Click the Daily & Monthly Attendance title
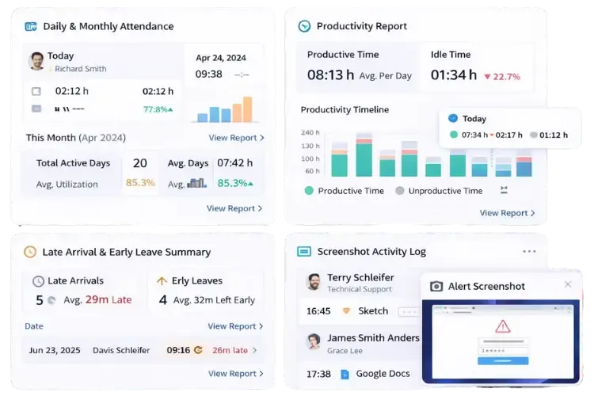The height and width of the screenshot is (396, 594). (x=108, y=26)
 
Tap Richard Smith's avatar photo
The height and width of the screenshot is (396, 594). (x=36, y=61)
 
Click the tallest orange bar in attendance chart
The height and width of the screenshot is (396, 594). (x=247, y=109)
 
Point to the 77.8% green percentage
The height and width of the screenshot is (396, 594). (x=158, y=109)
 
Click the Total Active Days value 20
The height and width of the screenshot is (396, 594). (x=139, y=163)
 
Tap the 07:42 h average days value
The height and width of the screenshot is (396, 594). (x=235, y=163)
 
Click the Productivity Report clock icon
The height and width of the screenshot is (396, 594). (x=304, y=26)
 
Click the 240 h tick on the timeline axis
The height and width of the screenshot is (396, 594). (x=310, y=132)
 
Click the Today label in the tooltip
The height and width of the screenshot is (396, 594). (x=474, y=118)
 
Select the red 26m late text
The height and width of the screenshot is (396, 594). (x=230, y=350)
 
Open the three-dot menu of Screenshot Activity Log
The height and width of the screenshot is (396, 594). (x=529, y=252)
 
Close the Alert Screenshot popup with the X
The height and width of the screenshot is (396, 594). (x=568, y=285)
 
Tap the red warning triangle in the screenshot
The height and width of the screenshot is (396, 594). (x=502, y=326)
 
